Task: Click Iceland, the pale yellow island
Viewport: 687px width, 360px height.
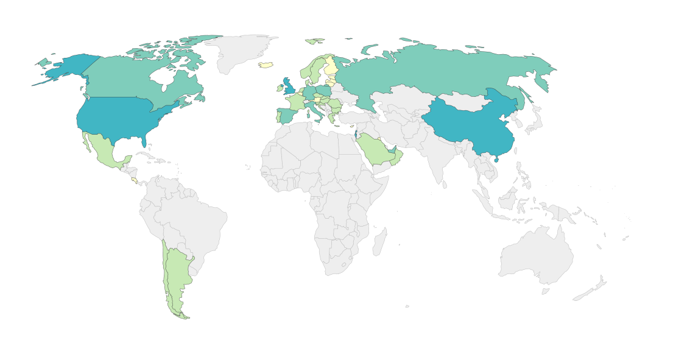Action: pos(266,65)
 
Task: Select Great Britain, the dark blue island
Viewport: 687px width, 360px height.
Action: pos(289,86)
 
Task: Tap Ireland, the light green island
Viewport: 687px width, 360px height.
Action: pos(280,88)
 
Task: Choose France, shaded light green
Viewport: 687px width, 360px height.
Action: pos(297,101)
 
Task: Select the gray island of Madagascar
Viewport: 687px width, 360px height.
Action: pos(379,242)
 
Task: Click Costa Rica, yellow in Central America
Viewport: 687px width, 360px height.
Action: pos(134,181)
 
